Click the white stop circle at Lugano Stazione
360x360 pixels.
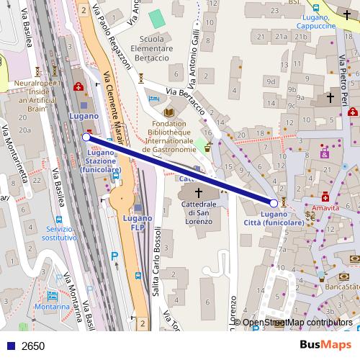tap(86, 136)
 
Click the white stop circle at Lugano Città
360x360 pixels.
tap(274, 203)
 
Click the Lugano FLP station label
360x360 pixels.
tap(136, 222)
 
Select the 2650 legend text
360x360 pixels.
tap(33, 346)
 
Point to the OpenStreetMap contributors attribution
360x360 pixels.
tap(297, 323)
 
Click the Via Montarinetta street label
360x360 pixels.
tap(14, 155)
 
